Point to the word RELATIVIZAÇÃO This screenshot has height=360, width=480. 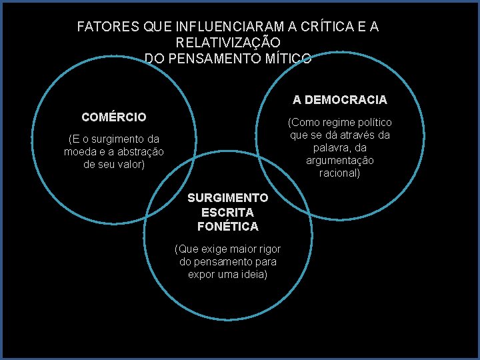point(229,43)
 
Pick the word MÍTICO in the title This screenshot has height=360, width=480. point(289,58)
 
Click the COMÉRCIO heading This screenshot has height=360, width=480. point(114,117)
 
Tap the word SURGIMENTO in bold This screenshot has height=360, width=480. point(227,198)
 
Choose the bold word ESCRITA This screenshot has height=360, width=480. point(227,212)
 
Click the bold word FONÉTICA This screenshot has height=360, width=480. point(227,227)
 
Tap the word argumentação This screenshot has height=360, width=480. point(339,161)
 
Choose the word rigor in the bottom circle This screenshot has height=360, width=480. point(267,249)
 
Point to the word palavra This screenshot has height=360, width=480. point(330,148)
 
